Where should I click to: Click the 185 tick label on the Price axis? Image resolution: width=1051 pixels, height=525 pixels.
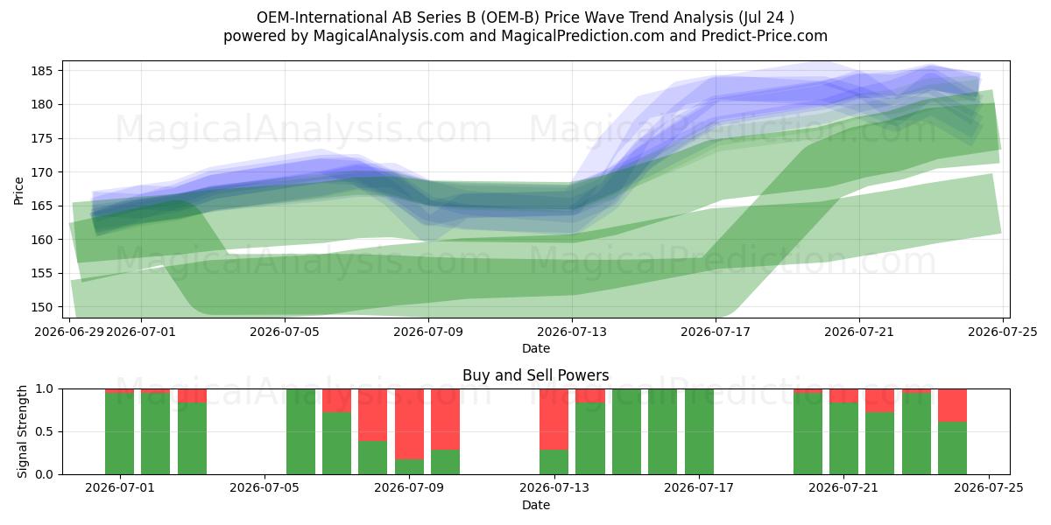(41, 71)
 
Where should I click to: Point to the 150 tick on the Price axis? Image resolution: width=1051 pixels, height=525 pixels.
(41, 307)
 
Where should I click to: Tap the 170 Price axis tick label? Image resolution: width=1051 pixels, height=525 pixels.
(41, 172)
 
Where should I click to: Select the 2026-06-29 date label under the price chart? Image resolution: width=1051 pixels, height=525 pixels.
(69, 332)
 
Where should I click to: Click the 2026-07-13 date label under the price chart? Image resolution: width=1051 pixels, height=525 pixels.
(571, 332)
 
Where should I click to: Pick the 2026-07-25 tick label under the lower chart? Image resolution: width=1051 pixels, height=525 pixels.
(989, 488)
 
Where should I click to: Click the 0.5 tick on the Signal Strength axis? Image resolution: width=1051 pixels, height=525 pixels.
(46, 431)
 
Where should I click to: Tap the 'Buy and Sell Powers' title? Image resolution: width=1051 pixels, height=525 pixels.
(536, 375)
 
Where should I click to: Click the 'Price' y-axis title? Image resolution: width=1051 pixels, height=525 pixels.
(18, 191)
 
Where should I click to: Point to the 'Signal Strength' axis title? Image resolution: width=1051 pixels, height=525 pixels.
(22, 431)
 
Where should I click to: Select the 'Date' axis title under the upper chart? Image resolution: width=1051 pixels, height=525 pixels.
(536, 348)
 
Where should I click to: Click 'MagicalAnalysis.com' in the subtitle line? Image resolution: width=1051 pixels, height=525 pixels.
(389, 36)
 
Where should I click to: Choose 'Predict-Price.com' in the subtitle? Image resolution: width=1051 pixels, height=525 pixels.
(765, 36)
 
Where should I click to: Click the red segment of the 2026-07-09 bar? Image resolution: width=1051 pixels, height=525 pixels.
(409, 423)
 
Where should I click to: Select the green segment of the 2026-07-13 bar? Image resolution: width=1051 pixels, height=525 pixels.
(554, 462)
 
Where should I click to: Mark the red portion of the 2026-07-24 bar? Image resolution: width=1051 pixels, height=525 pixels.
(953, 405)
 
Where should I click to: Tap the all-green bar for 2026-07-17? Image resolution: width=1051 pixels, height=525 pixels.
(699, 431)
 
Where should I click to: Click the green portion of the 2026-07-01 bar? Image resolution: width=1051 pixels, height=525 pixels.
(155, 434)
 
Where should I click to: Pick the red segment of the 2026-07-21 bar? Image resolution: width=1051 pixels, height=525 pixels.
(843, 395)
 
